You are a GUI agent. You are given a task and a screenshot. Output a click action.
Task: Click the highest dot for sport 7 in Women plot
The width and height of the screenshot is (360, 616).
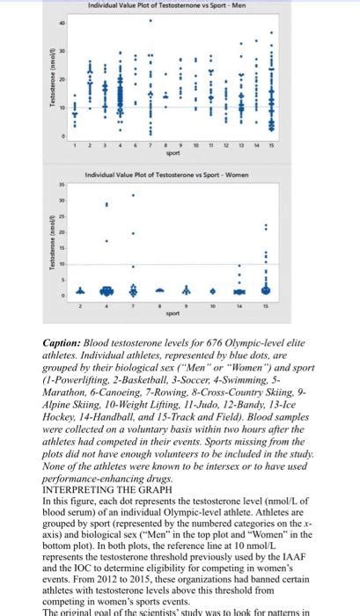pos(133,195)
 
